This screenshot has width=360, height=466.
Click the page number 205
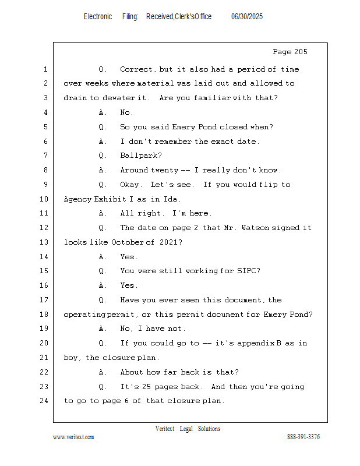[x=301, y=52]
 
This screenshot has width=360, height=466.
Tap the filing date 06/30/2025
[x=247, y=17]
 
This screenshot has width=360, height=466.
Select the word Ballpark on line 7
[x=141, y=156]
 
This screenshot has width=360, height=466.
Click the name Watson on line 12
[x=255, y=228]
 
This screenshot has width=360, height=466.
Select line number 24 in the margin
[x=44, y=401]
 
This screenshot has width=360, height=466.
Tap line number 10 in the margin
[x=44, y=199]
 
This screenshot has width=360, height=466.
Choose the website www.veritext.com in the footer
[x=73, y=437]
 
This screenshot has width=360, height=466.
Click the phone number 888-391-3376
[x=303, y=436]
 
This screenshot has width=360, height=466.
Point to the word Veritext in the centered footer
[x=165, y=429]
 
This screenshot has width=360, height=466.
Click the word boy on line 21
[x=71, y=358]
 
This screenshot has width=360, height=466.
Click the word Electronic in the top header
[x=98, y=17]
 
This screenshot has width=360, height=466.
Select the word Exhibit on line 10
[x=110, y=199]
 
